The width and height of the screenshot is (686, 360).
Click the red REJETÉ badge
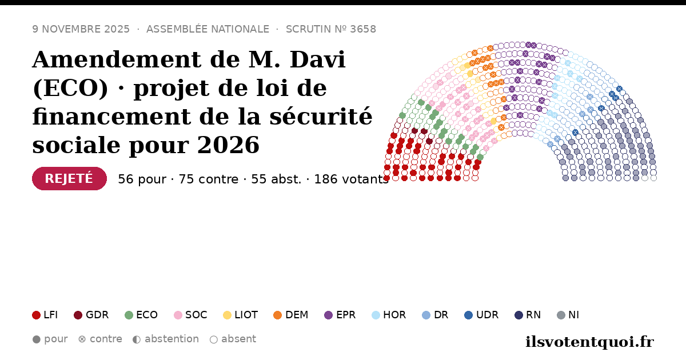tap(69, 178)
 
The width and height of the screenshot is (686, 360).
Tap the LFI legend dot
tap(36, 315)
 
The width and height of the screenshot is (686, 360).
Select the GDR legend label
tap(97, 315)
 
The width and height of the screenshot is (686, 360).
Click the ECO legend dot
tap(129, 315)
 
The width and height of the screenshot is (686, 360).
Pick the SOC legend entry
tap(190, 315)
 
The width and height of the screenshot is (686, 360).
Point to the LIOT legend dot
tap(227, 315)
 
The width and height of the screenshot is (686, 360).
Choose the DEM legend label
tap(297, 315)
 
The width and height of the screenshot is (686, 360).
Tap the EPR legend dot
tap(328, 315)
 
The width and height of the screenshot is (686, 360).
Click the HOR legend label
tap(394, 315)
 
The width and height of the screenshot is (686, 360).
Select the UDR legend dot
tap(469, 315)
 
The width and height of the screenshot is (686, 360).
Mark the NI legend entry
tap(568, 315)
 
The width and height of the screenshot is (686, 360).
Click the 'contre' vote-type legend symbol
tap(82, 339)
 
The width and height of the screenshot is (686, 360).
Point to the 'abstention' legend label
tap(172, 339)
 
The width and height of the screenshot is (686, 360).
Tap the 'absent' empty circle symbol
tap(213, 339)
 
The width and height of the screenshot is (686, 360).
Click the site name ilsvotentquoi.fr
tap(589, 342)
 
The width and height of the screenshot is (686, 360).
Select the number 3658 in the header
tap(363, 29)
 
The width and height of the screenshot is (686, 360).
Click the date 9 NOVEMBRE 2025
tap(81, 29)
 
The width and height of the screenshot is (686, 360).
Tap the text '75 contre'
tap(208, 179)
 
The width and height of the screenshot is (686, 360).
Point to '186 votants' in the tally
tap(351, 179)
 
